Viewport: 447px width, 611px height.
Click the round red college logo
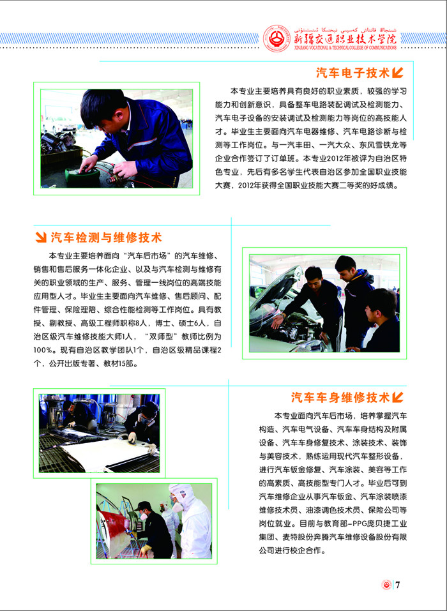coord(277,38)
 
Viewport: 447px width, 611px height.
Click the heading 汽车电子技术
coord(352,73)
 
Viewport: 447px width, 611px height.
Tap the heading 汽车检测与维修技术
coord(106,237)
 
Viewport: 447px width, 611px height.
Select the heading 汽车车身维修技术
coord(340,397)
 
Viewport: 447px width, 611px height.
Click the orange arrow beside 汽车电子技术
coord(397,73)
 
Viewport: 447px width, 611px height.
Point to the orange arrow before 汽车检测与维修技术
coord(41,237)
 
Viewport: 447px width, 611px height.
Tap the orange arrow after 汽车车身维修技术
coord(397,397)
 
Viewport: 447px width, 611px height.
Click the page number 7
coord(398,585)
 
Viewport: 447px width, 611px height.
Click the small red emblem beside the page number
coord(386,585)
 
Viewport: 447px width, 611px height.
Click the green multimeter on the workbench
coord(82,176)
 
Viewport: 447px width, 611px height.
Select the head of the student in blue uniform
coord(103,109)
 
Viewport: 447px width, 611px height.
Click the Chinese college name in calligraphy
coord(345,38)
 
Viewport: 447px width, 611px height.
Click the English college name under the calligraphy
coord(345,47)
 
